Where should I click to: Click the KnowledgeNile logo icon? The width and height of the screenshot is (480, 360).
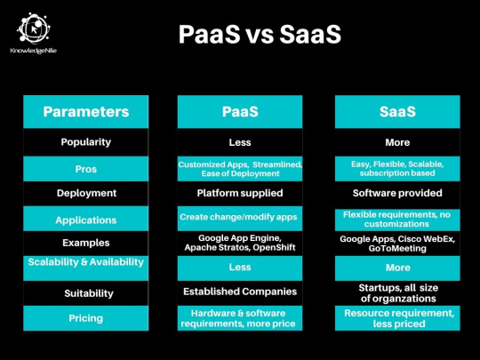(x=34, y=28)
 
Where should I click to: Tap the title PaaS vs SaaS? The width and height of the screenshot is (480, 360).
(x=260, y=34)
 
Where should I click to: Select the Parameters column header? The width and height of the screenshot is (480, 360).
(x=86, y=111)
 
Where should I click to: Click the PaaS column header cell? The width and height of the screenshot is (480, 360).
(x=240, y=111)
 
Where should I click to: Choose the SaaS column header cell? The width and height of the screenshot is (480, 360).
(x=397, y=111)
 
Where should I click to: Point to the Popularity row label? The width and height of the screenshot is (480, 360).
(x=86, y=142)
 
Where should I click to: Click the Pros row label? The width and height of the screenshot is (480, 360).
(x=86, y=169)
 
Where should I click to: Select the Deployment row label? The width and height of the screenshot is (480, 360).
(x=86, y=193)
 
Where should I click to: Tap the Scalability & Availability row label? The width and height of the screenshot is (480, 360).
(x=86, y=262)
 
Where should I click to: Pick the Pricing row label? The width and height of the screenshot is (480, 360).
(x=86, y=318)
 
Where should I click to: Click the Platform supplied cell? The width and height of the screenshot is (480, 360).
(x=240, y=193)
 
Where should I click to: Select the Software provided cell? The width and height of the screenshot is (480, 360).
(x=397, y=193)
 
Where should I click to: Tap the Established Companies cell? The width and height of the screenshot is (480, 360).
(x=240, y=292)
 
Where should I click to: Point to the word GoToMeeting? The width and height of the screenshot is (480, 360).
(x=397, y=248)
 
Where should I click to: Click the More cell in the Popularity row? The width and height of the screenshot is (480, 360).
(x=397, y=142)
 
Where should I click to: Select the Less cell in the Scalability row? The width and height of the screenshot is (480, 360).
(x=240, y=268)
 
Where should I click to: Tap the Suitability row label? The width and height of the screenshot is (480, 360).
(x=89, y=293)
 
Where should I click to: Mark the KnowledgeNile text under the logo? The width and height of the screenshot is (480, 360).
(x=34, y=51)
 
